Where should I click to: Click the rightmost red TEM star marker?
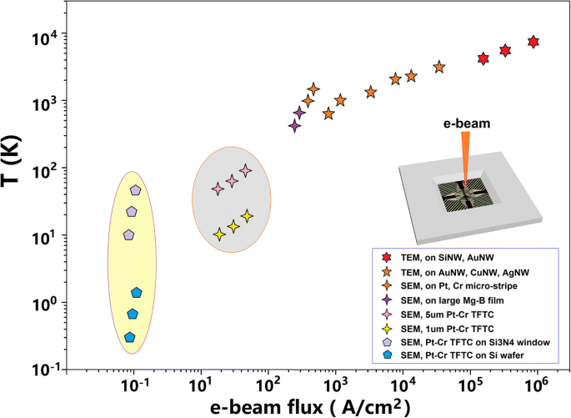(533, 42)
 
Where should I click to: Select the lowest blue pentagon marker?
(129, 337)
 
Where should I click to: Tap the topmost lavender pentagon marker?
(136, 190)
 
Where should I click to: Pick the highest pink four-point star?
(245, 170)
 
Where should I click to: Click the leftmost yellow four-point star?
(219, 234)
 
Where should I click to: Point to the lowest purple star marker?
(294, 125)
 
